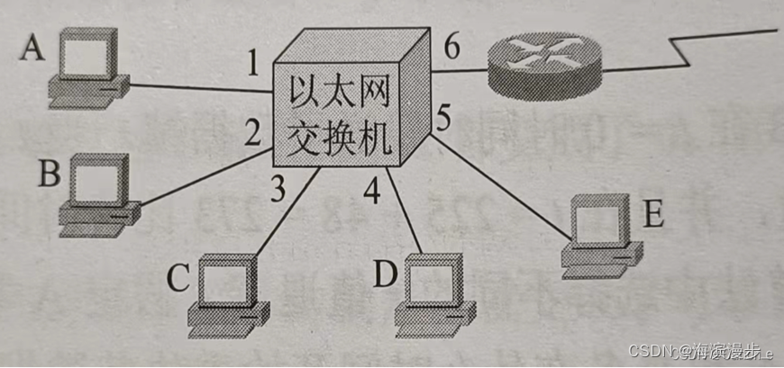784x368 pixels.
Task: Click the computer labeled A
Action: [x=88, y=67]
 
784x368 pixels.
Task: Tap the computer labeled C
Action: [x=228, y=289]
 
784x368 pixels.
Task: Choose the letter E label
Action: [x=655, y=216]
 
